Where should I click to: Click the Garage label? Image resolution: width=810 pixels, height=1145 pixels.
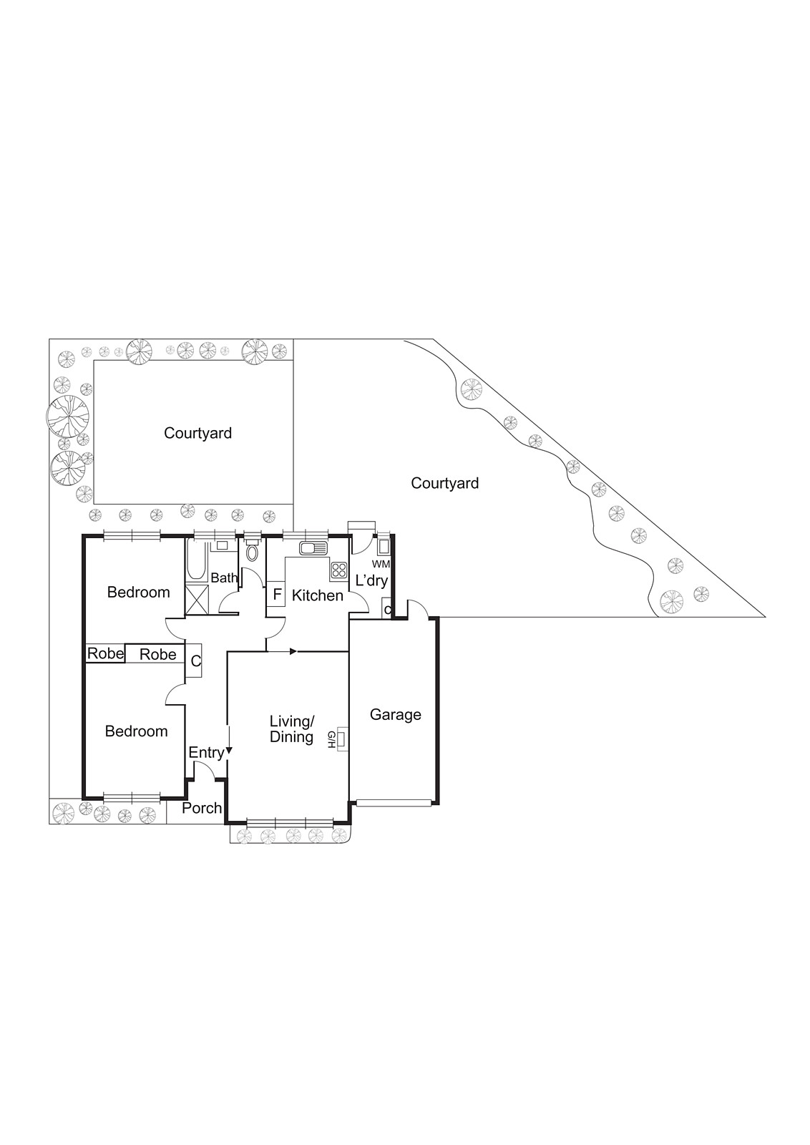(x=395, y=715)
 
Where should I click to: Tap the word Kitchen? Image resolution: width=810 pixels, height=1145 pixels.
(x=317, y=595)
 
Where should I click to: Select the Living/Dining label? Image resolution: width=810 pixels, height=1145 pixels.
(x=291, y=729)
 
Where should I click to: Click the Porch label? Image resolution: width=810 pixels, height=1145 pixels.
(x=202, y=808)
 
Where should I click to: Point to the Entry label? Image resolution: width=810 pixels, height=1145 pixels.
(x=206, y=753)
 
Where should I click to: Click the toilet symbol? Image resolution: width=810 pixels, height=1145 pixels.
(x=251, y=552)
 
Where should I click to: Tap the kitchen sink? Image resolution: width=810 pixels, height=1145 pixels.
(x=313, y=549)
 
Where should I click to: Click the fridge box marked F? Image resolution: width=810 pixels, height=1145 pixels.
(x=277, y=595)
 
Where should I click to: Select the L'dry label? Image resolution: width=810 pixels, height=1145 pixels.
(x=371, y=580)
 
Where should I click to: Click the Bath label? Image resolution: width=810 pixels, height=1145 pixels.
(x=223, y=578)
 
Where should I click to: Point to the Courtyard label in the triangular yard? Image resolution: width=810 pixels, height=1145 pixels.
(x=444, y=484)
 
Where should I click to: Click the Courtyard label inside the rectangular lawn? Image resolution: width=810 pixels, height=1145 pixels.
(x=197, y=433)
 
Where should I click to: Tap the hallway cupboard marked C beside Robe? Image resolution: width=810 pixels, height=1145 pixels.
(x=195, y=662)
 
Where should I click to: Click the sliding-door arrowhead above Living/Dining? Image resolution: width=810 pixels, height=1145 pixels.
(x=293, y=651)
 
